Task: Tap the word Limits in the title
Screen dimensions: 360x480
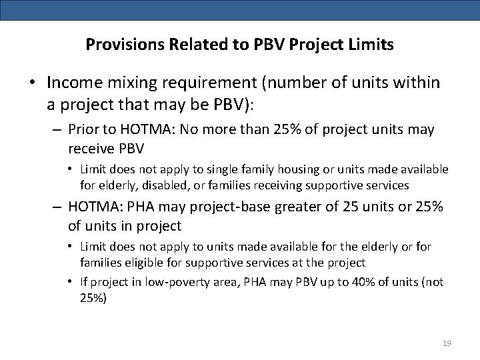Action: click(371, 45)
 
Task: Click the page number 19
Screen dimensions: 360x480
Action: click(447, 343)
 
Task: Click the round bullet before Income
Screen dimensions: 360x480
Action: click(32, 83)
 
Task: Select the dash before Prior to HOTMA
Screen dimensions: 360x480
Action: click(58, 129)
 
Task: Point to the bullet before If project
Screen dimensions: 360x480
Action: click(71, 281)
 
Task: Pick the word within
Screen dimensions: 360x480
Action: click(417, 83)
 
